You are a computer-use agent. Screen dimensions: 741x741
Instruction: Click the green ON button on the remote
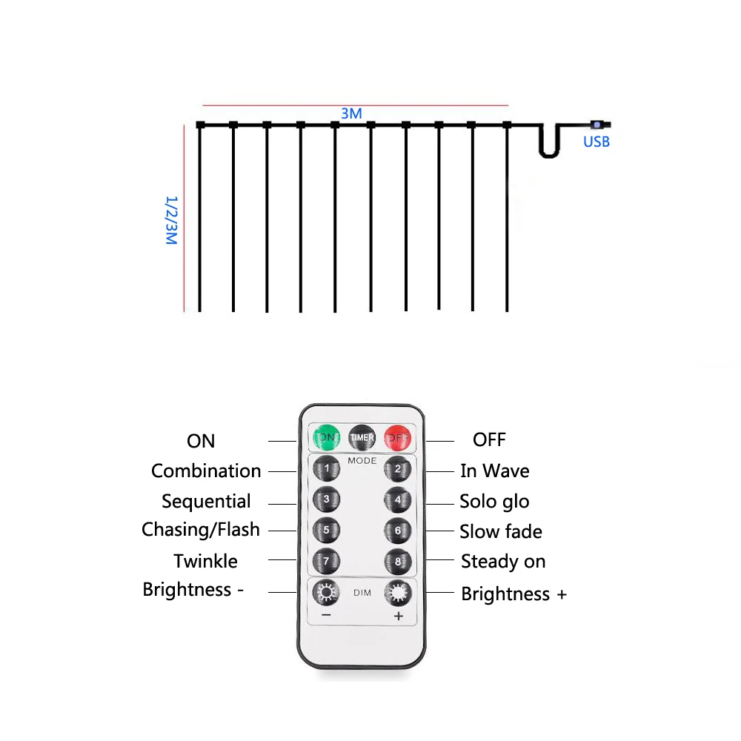326,437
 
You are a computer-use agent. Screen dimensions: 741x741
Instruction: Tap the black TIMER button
362,437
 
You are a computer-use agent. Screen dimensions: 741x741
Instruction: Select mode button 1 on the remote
326,468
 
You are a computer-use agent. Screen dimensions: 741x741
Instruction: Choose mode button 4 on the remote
398,499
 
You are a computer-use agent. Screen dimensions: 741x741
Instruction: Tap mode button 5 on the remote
326,531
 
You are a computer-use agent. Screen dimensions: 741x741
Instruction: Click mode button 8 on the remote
398,562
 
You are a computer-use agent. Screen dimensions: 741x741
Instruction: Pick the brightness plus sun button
398,593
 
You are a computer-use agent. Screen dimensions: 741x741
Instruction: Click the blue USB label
596,141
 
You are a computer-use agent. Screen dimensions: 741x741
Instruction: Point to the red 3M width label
351,113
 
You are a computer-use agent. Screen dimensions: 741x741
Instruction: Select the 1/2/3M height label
171,220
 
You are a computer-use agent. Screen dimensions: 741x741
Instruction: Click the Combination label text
206,471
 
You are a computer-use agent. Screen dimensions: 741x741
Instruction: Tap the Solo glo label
494,501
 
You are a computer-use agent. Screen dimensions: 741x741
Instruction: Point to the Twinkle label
206,561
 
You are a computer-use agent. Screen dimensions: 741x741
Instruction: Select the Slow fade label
501,531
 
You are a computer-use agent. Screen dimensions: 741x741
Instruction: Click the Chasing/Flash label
201,529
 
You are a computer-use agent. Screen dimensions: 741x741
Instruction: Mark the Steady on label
503,561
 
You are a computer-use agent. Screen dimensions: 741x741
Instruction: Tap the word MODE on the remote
362,461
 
